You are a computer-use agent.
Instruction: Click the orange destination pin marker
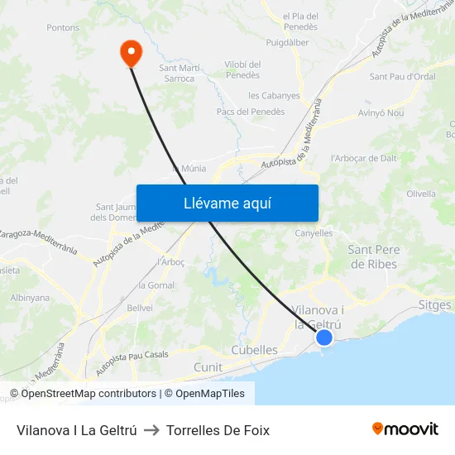tap(131, 52)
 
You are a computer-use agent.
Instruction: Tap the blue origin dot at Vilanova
tap(324, 338)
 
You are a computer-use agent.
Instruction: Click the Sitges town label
tap(435, 304)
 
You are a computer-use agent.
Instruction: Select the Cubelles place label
tap(254, 350)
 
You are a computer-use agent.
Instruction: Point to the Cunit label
tap(208, 366)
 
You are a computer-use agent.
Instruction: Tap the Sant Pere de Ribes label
tap(372, 256)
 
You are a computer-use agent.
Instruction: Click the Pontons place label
tap(63, 27)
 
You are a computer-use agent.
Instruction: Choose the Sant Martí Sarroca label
tap(177, 74)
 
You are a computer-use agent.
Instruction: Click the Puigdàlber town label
tap(289, 41)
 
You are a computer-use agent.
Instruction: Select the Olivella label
tap(421, 194)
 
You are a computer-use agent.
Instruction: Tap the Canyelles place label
tap(314, 233)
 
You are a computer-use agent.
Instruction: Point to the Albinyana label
tap(30, 298)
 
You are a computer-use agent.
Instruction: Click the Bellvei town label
tap(141, 307)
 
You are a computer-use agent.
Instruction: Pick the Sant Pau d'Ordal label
tap(402, 77)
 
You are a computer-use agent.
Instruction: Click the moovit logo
tap(405, 429)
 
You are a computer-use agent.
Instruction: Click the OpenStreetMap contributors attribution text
tap(89, 394)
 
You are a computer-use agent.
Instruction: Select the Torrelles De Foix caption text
tap(218, 430)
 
